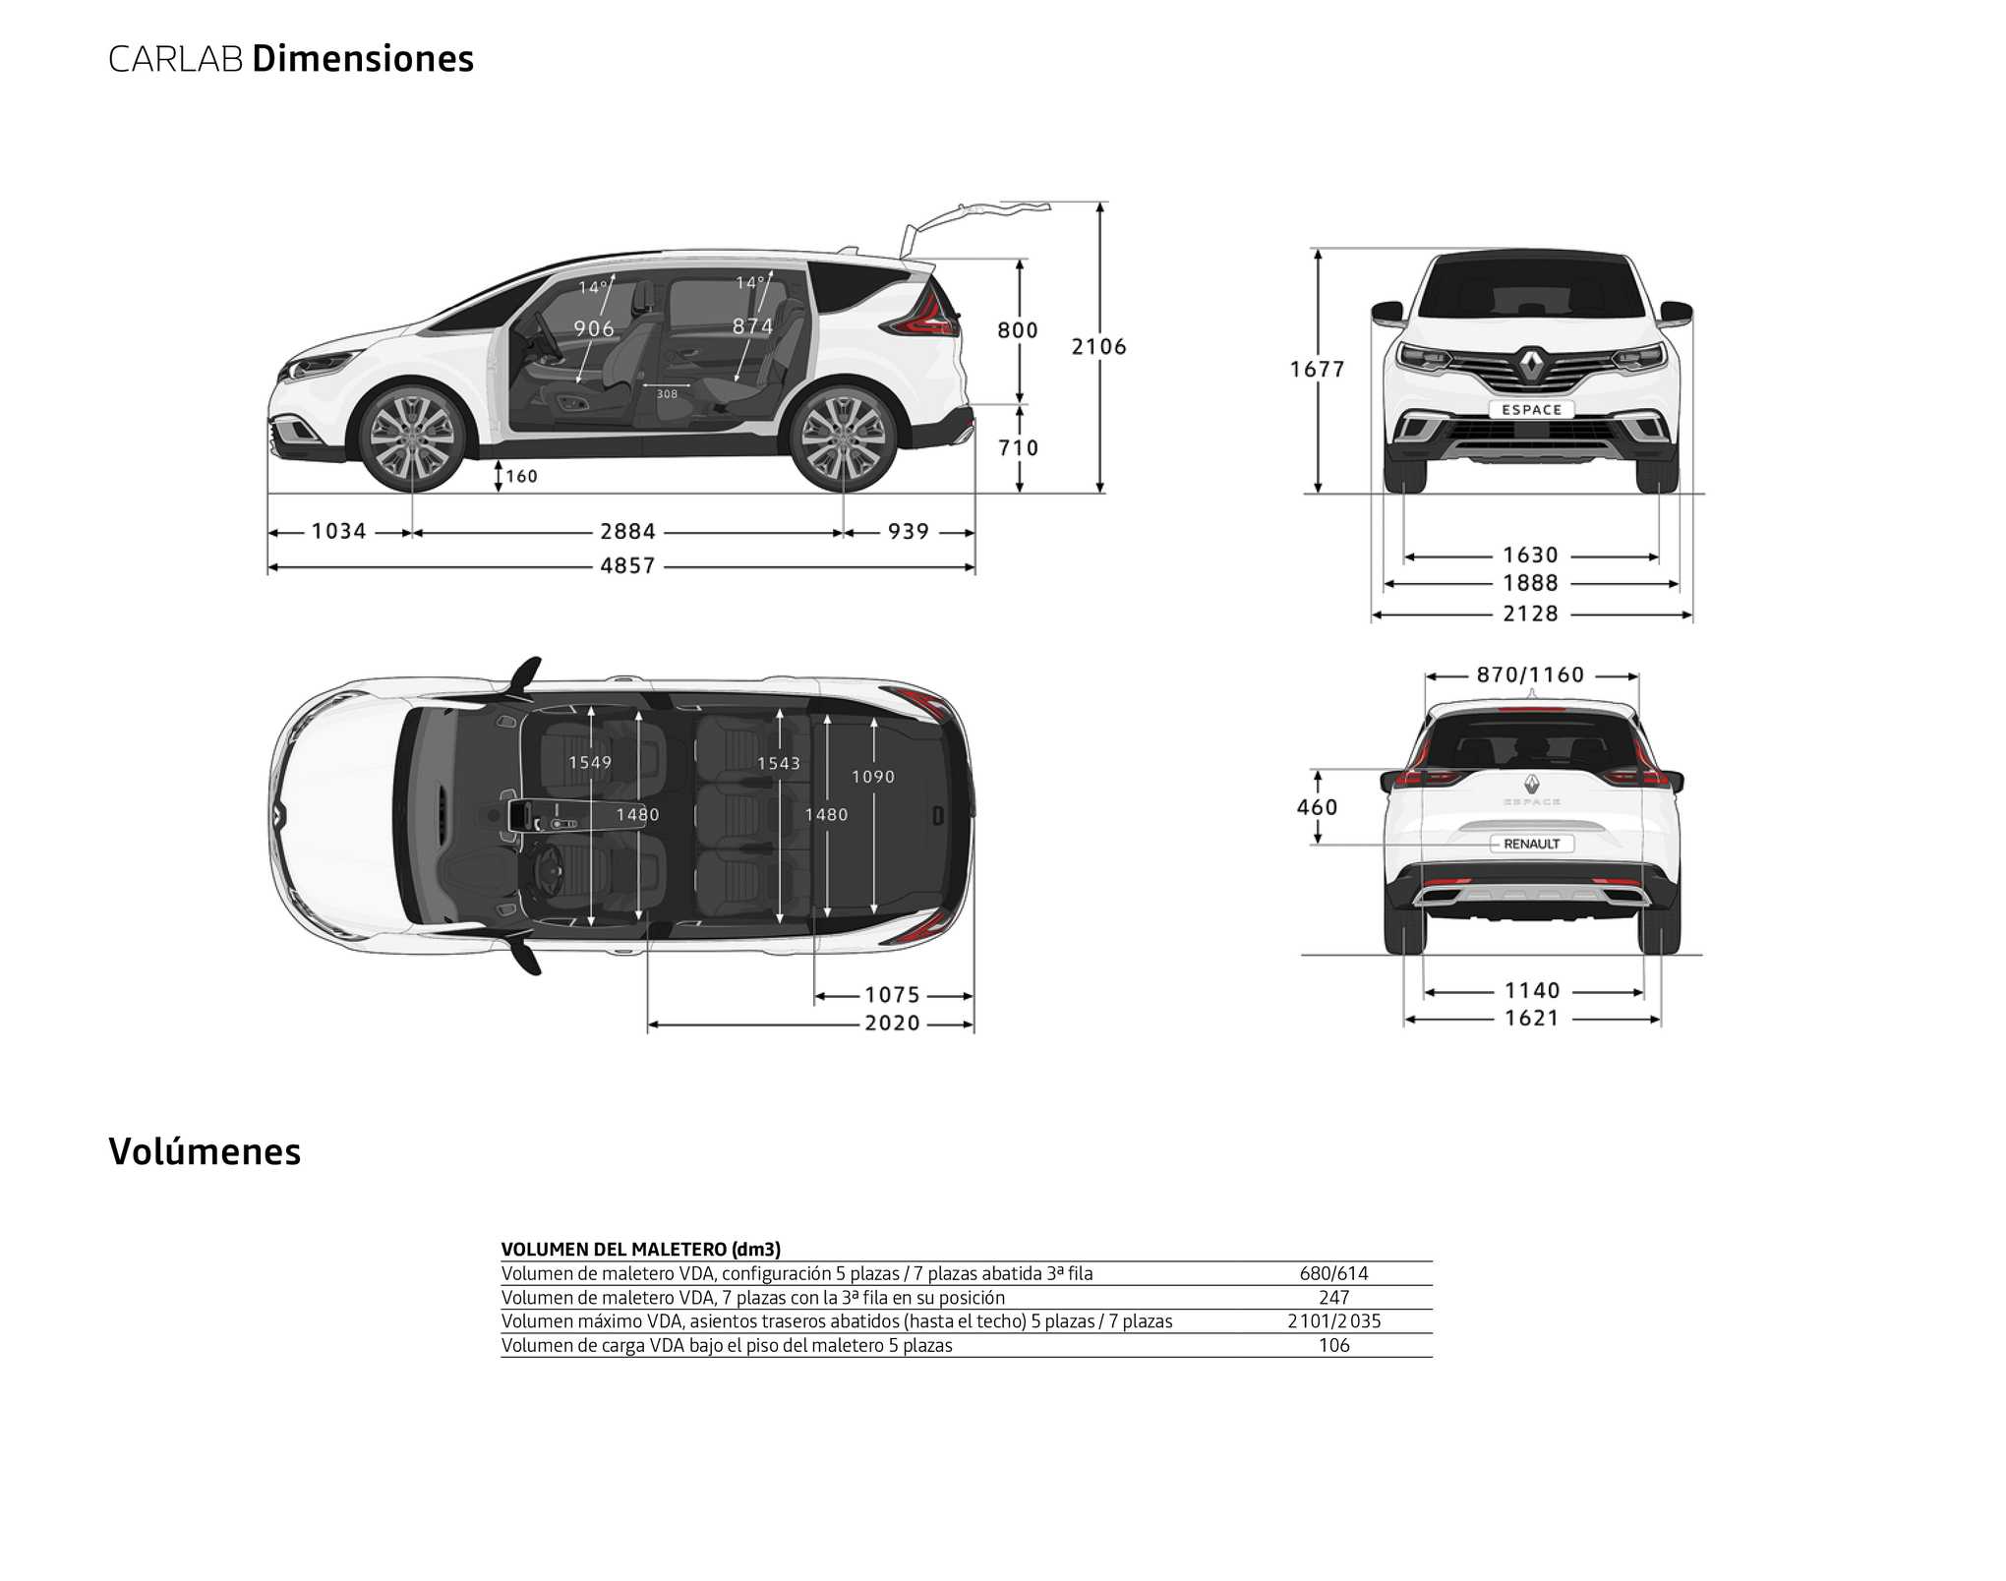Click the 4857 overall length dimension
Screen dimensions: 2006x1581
[x=627, y=566]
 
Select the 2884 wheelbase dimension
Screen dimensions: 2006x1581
[x=627, y=532]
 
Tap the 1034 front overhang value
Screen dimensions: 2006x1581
[x=339, y=532]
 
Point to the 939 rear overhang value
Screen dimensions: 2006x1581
[x=909, y=532]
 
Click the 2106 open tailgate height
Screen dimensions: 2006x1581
[x=1099, y=346]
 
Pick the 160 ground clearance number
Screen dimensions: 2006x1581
[x=521, y=477]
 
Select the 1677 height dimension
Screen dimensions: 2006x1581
[x=1318, y=370]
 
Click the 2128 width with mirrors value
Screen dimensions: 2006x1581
[x=1531, y=615]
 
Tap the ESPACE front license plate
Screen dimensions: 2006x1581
[x=1531, y=410]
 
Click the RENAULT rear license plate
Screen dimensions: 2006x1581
[x=1532, y=844]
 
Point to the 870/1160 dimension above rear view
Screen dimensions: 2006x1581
[x=1531, y=675]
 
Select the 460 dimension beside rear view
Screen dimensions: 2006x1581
[x=1318, y=808]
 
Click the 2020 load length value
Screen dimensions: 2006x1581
[x=893, y=1024]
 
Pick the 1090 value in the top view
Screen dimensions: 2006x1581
[x=873, y=778]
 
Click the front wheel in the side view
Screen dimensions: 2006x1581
[x=411, y=439]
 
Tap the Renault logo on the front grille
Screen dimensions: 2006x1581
[x=1532, y=365]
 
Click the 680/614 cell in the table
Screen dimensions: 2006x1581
[x=1334, y=1274]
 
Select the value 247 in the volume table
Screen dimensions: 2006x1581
[x=1334, y=1298]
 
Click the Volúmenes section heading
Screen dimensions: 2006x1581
[x=205, y=1151]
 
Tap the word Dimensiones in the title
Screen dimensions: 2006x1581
[x=363, y=59]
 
